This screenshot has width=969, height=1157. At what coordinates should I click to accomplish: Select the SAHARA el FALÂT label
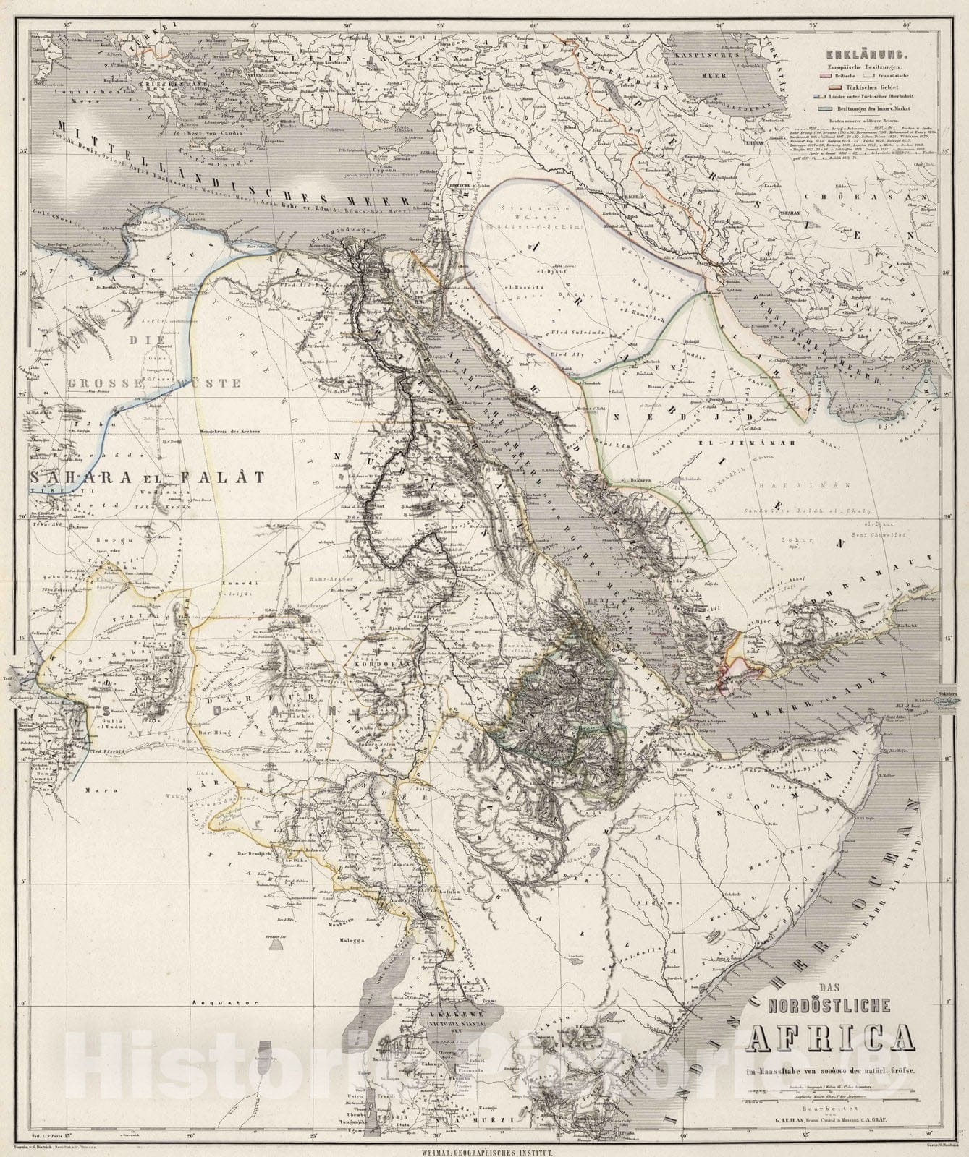pos(145,477)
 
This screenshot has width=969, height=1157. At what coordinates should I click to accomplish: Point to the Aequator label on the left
pos(215,1003)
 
